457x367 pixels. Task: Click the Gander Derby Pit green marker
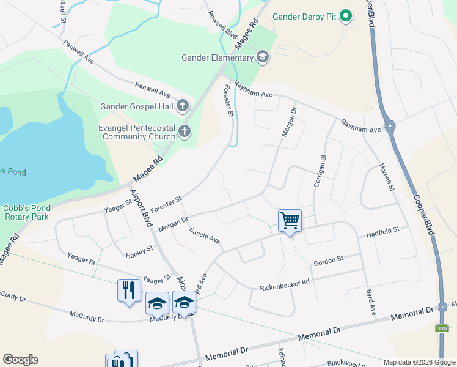coord(346,17)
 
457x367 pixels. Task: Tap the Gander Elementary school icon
coord(263,57)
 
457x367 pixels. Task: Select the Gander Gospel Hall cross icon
coord(182,106)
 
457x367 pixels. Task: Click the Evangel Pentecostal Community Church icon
coord(184,132)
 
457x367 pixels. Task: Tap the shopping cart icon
coord(290,220)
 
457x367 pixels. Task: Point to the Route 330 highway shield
coord(443,329)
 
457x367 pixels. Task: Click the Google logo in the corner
coord(20,360)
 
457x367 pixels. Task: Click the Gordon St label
coord(329,262)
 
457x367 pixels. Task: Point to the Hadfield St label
coord(382,231)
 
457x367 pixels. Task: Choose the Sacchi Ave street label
coord(204,236)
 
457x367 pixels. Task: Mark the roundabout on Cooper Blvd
coord(390,127)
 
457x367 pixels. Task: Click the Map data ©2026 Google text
coord(419,362)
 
